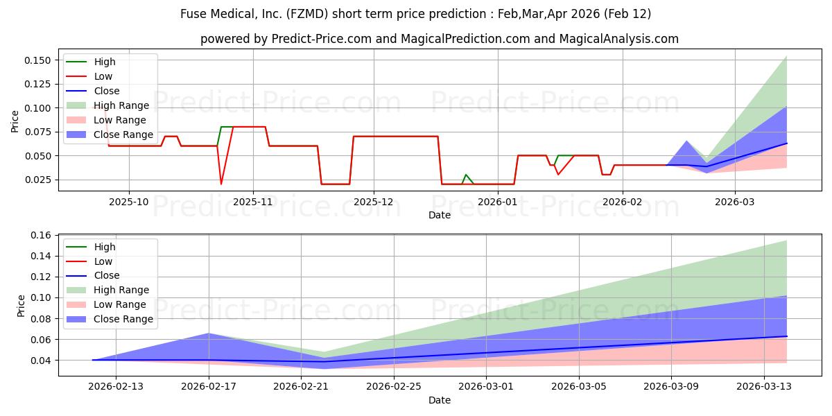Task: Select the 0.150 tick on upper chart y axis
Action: [x=35, y=60]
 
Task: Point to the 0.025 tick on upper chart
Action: [x=35, y=180]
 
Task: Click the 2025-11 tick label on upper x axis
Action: [x=253, y=201]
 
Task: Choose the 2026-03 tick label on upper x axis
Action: [x=735, y=201]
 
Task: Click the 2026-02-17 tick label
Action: [x=209, y=386]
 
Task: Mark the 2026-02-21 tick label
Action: [x=302, y=386]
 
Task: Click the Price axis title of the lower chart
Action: [x=21, y=305]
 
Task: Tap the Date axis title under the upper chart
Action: [x=439, y=215]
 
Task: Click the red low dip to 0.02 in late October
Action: [x=221, y=184]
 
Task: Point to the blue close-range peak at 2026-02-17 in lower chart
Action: [x=209, y=333]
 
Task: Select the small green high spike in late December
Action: [x=465, y=175]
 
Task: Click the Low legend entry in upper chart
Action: [x=103, y=76]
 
